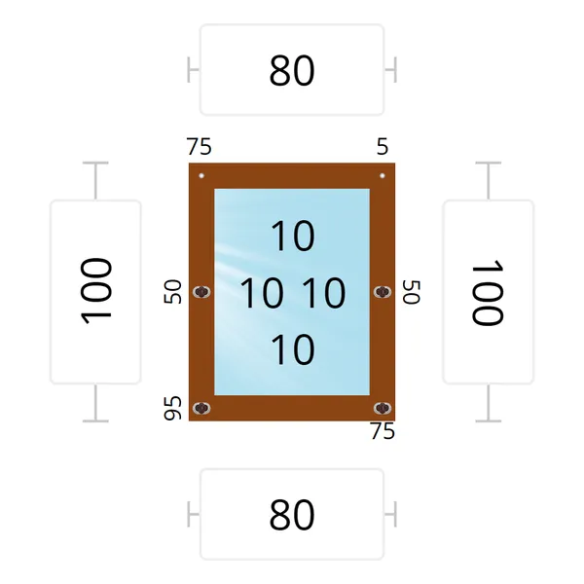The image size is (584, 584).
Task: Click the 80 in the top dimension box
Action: (x=292, y=70)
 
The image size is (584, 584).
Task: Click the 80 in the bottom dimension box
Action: (x=292, y=515)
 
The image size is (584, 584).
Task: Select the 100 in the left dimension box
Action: (x=95, y=291)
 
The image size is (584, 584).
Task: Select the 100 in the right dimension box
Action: (x=488, y=292)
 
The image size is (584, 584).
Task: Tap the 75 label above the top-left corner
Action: (x=200, y=146)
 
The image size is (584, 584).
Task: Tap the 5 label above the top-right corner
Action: (x=383, y=146)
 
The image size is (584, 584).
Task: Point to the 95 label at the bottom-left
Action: (x=173, y=408)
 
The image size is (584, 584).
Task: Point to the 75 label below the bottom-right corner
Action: (x=383, y=431)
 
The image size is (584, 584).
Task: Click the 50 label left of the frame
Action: (x=173, y=292)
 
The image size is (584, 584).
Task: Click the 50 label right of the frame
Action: (x=412, y=292)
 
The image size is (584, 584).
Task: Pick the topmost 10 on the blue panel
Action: (x=293, y=236)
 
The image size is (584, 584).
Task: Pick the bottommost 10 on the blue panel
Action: (x=293, y=349)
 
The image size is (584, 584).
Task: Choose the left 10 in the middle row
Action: (x=262, y=293)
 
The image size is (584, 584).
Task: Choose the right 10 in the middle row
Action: (x=324, y=293)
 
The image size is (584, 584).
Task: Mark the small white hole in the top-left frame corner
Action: (x=201, y=176)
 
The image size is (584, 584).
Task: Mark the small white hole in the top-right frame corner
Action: (x=383, y=176)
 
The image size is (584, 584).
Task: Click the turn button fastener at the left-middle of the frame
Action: (x=201, y=292)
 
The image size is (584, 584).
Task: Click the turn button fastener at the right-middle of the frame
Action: (x=383, y=292)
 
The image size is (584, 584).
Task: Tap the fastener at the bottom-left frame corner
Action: (x=201, y=408)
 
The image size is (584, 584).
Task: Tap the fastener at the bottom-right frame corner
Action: (x=383, y=408)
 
